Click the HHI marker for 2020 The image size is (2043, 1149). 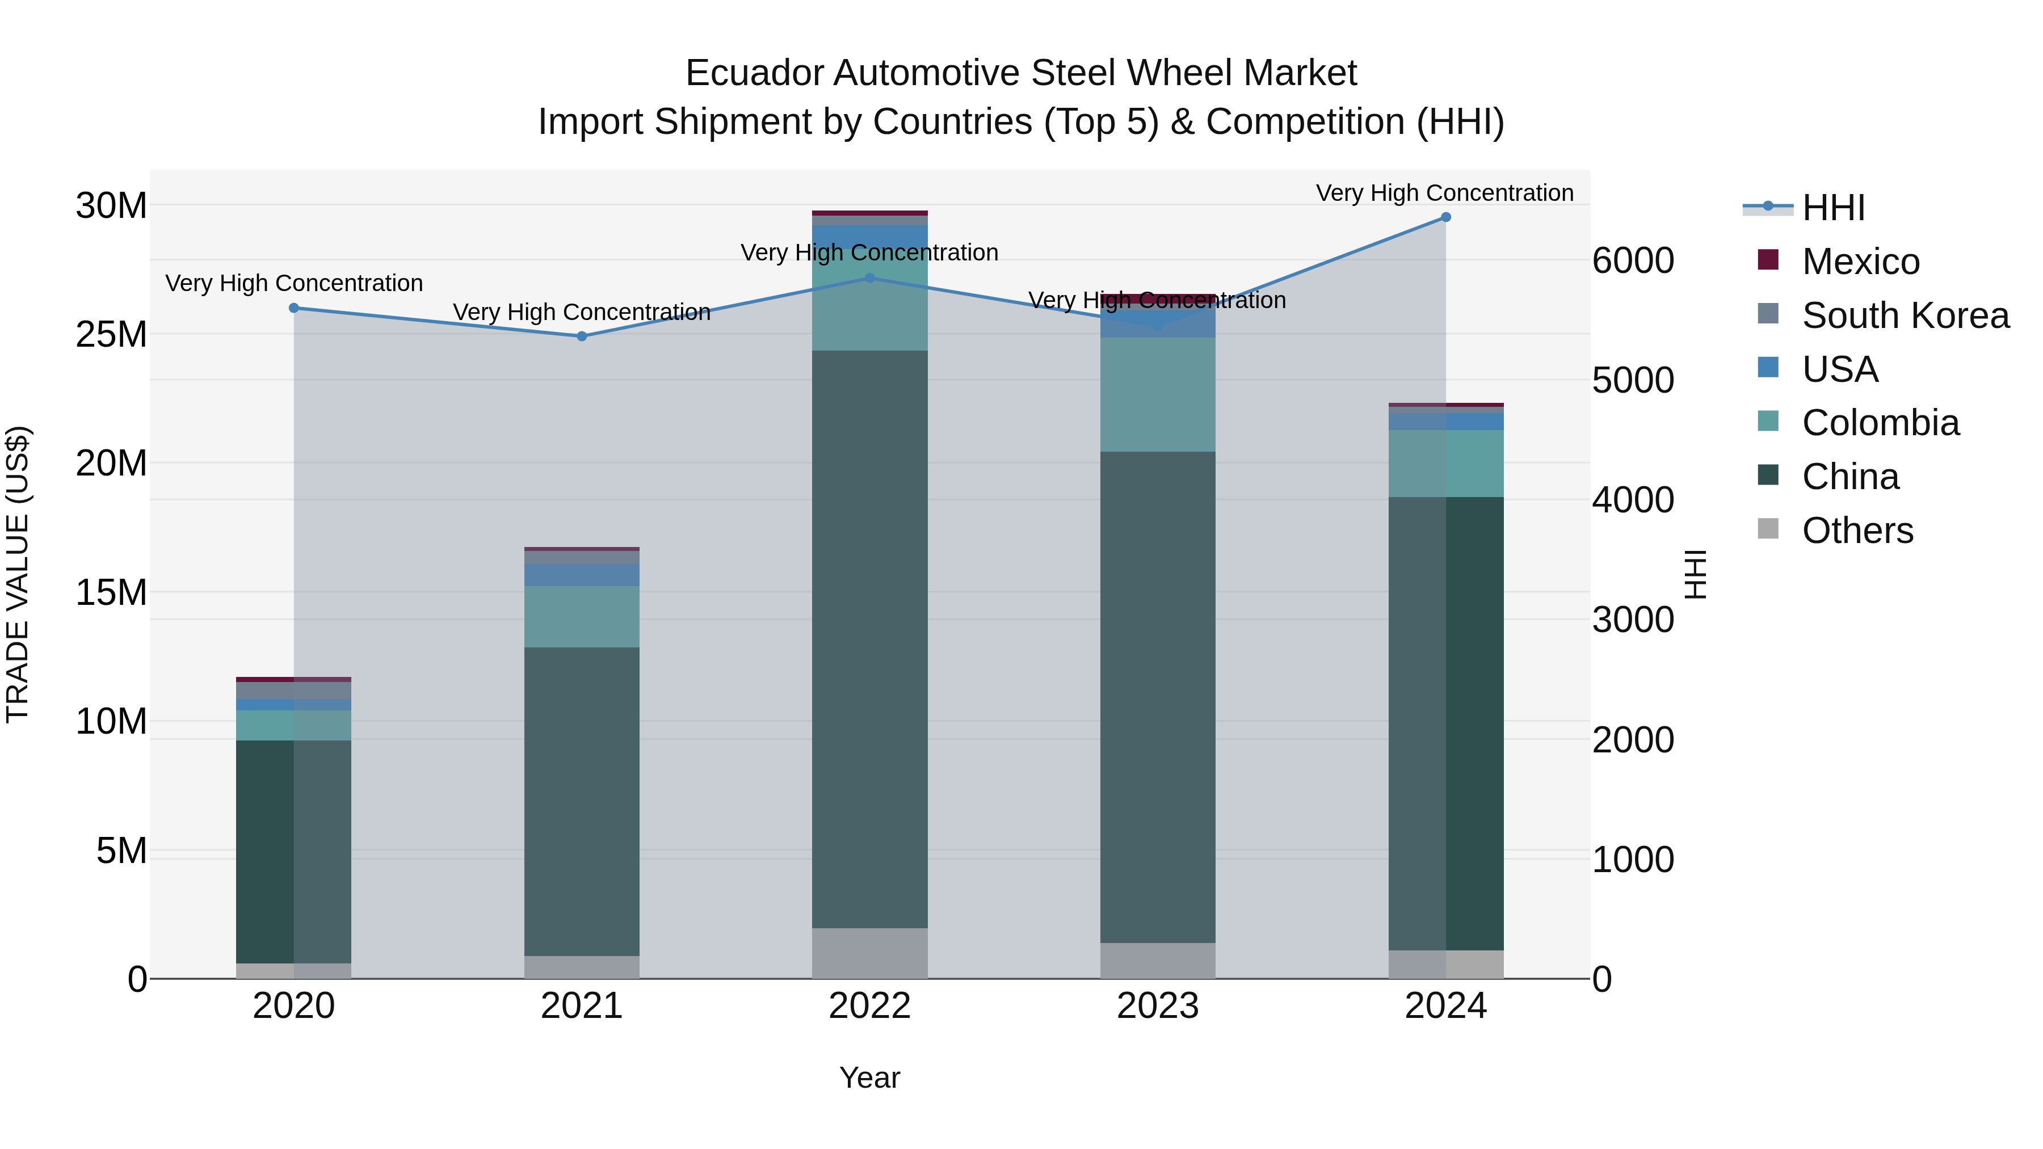coord(293,308)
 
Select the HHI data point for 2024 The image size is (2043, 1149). coord(1445,217)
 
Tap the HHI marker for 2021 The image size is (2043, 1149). coord(581,336)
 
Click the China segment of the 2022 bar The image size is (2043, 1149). coord(869,638)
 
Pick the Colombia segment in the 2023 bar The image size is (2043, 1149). coord(1157,394)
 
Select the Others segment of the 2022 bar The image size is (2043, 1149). coord(869,953)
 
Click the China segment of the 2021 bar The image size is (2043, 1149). coord(581,801)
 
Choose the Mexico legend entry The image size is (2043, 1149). coord(1860,262)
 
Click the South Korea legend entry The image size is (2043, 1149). coord(1905,315)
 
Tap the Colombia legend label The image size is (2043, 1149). coord(1880,423)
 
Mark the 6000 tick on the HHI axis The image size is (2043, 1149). coord(1633,261)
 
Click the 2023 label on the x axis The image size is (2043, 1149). coord(1157,1006)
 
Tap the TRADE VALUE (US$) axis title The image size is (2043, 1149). coord(18,574)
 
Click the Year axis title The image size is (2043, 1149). coord(869,1078)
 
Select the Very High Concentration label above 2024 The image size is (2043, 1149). coord(1444,193)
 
